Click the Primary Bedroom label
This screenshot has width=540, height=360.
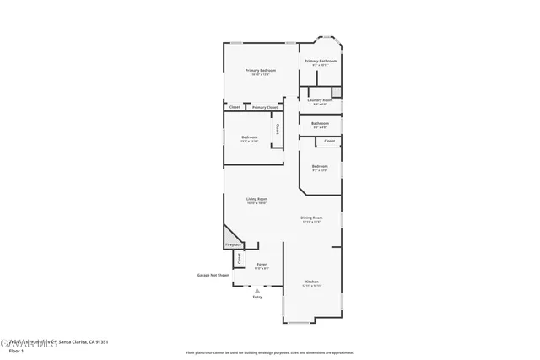(x=261, y=71)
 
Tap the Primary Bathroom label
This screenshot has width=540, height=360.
(x=321, y=61)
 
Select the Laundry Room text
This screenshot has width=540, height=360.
(x=320, y=99)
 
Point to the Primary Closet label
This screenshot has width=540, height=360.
(x=265, y=108)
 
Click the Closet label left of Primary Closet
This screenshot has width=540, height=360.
(x=234, y=108)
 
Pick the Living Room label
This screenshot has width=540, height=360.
(x=256, y=199)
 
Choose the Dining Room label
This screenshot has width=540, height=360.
(x=312, y=218)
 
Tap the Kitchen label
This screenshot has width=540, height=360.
(x=312, y=282)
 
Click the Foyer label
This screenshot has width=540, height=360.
(x=262, y=265)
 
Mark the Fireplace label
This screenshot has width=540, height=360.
(x=233, y=245)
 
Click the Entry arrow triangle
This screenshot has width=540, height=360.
(x=257, y=291)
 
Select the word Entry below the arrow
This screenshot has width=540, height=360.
(x=257, y=297)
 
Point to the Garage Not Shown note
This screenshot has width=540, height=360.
(x=213, y=275)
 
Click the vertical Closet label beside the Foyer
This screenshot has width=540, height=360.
(x=238, y=258)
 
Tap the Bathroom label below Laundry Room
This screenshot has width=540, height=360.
(x=320, y=123)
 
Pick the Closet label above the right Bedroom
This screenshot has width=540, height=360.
(x=329, y=141)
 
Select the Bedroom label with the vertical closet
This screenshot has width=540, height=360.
(x=249, y=137)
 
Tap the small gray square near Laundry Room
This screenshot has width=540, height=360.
(x=336, y=91)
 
